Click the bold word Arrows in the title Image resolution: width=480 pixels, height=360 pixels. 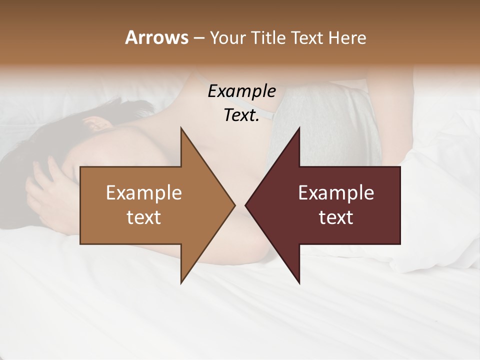click(x=156, y=37)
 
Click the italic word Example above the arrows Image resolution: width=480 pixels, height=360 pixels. click(x=241, y=91)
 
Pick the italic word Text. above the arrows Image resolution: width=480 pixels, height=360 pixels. click(x=241, y=115)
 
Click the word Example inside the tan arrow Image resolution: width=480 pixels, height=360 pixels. click(x=144, y=192)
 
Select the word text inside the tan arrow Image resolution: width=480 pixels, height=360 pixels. click(x=144, y=217)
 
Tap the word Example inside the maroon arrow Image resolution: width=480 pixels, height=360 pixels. click(x=336, y=192)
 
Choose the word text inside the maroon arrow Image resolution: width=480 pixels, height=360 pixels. click(x=336, y=217)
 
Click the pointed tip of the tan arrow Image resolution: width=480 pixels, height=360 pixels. click(x=233, y=205)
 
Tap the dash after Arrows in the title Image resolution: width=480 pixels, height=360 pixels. click(x=198, y=38)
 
